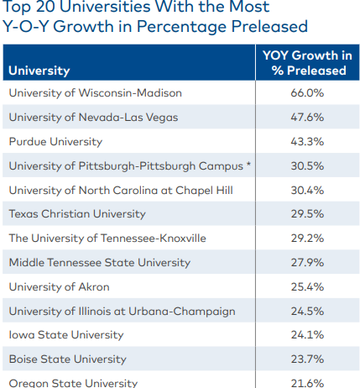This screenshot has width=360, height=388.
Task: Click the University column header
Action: click(39, 71)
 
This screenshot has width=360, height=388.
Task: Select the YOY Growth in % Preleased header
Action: click(308, 63)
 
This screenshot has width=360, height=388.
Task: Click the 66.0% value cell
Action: click(307, 93)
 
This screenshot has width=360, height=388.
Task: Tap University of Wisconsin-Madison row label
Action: click(95, 93)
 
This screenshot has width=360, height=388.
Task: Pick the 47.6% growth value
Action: click(307, 118)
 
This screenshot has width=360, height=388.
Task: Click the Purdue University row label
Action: click(55, 142)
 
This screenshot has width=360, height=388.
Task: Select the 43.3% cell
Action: click(307, 142)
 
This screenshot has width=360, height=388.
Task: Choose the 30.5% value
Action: click(307, 166)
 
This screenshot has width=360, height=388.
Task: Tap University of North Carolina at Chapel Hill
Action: click(120, 191)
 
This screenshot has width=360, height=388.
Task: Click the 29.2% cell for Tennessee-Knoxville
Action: click(307, 239)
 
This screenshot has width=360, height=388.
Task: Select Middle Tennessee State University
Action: click(99, 263)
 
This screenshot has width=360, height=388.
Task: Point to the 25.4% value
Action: click(307, 287)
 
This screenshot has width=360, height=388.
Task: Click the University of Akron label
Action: click(60, 287)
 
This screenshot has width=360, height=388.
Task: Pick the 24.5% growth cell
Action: click(307, 312)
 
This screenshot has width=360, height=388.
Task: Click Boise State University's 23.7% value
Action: click(307, 359)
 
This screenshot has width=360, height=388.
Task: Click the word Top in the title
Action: click(20, 8)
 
